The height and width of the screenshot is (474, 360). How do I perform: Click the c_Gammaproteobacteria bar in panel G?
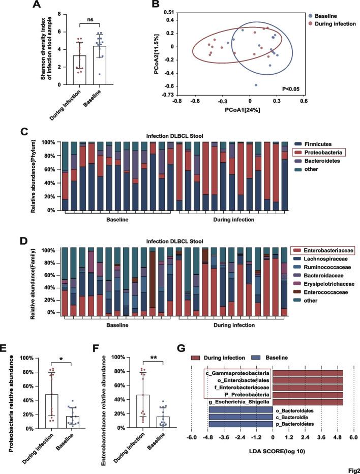(308, 373)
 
